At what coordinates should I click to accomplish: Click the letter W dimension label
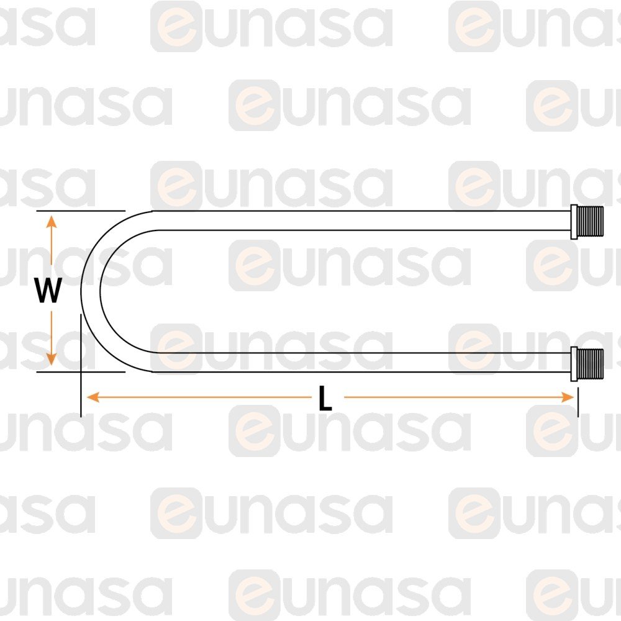pos(48,290)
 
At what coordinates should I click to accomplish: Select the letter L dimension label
pos(325,397)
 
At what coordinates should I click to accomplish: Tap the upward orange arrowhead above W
pos(51,222)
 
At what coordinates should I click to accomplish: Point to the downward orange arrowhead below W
pos(51,358)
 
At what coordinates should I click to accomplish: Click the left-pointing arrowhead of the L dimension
pos(93,397)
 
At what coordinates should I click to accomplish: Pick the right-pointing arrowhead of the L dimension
pos(568,397)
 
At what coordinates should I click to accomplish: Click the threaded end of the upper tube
pos(590,221)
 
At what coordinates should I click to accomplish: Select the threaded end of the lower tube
pos(590,363)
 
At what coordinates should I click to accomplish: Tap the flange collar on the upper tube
pos(573,222)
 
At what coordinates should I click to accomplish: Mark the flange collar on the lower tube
pos(573,363)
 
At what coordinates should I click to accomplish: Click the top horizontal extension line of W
pos(81,211)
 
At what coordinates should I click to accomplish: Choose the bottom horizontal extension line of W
pos(81,372)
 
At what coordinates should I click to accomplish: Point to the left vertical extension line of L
pos(81,365)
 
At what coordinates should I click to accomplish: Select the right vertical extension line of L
pos(578,402)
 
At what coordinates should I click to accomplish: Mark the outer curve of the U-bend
pos(81,291)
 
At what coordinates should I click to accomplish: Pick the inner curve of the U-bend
pos(101,291)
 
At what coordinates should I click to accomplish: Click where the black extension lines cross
pos(81,372)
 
